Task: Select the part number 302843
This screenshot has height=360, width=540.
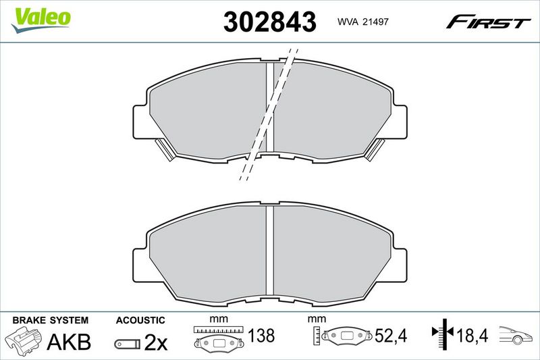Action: point(269,22)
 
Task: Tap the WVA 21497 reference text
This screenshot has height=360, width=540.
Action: point(362,22)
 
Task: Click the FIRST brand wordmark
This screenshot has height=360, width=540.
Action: point(488,22)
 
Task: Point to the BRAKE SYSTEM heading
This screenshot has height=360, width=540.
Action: point(50,320)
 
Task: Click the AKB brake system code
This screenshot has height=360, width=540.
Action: point(69,342)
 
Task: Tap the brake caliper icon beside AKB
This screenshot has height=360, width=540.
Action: point(24,340)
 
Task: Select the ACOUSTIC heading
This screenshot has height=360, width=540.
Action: point(140,320)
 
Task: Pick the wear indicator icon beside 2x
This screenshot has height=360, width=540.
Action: point(128,344)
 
